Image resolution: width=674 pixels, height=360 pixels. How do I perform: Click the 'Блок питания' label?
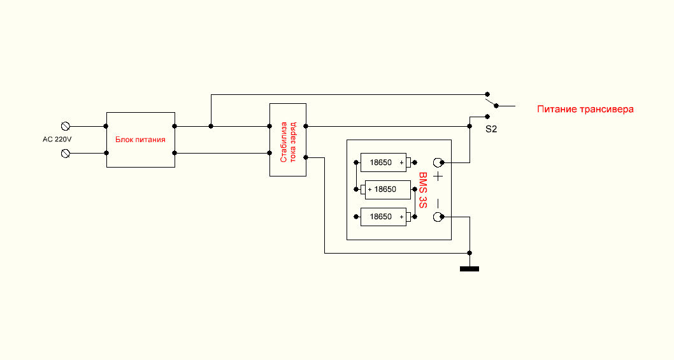coord(140,140)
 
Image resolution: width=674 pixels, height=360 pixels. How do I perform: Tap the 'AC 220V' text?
coord(57,140)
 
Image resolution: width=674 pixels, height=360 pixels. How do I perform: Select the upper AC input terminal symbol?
coord(66,126)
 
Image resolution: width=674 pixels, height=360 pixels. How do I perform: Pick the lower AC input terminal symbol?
coord(66,153)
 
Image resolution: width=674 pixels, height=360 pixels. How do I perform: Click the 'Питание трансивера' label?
coord(585,109)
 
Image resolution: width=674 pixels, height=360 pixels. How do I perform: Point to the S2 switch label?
coord(491,129)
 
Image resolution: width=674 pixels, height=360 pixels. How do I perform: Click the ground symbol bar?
coord(470,269)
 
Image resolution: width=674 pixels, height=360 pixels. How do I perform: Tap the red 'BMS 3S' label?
coord(423,190)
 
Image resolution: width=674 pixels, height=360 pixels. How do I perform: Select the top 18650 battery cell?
coord(385,162)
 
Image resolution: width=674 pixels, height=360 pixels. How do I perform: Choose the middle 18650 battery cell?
coord(385,189)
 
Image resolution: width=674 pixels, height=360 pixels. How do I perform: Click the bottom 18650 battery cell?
coord(385,217)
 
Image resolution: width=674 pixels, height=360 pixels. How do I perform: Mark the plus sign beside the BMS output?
coord(438,176)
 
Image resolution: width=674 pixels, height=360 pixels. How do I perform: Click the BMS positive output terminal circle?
coord(438,162)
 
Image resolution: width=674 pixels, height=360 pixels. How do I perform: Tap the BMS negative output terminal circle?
coord(438,217)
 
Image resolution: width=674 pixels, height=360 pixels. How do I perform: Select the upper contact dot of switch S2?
coord(487,94)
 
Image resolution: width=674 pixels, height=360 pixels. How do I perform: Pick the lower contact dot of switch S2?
coord(487,116)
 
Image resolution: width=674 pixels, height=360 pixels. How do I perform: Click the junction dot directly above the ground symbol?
coord(470,253)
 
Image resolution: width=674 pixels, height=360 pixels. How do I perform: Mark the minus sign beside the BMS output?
coord(438,203)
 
